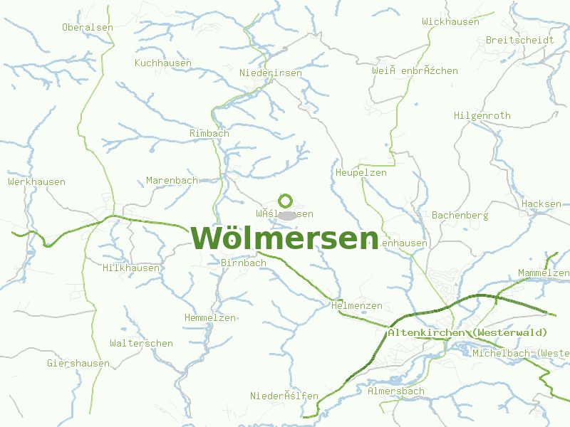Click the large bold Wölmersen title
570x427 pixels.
(284, 238)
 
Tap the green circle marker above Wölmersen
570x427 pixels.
(286, 201)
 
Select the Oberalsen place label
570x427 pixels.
(88, 28)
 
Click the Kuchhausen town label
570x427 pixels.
(163, 63)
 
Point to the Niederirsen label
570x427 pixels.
(271, 73)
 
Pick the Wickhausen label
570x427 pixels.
(450, 22)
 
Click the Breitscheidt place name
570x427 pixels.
(519, 41)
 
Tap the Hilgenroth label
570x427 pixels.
(482, 116)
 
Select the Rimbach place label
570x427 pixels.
(209, 134)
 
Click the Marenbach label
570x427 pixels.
(172, 181)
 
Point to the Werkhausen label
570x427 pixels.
(37, 182)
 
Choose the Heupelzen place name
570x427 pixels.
(361, 173)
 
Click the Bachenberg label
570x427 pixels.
(460, 215)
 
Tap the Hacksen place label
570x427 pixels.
(541, 204)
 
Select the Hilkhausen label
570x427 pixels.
(131, 268)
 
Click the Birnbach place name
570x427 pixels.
(244, 263)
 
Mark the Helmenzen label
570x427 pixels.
(357, 306)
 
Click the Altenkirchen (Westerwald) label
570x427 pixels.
(467, 333)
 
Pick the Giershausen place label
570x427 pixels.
(78, 364)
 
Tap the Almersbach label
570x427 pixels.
(395, 391)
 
